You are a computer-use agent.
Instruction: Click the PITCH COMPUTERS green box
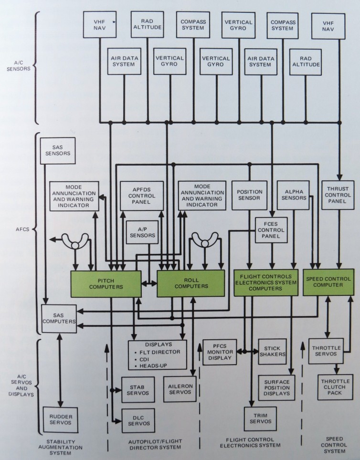pos(106,284)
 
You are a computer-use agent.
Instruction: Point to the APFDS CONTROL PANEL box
pos(142,196)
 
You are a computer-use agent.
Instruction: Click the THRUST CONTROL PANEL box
pos(338,196)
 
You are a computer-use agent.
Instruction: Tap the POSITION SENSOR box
pos(249,195)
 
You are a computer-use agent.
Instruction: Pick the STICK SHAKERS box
pos(273,351)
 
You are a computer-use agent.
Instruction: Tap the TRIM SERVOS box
pos(260,418)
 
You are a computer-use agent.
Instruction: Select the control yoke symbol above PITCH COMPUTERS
pos(75,241)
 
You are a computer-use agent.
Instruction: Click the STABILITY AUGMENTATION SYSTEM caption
pos(59,446)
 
